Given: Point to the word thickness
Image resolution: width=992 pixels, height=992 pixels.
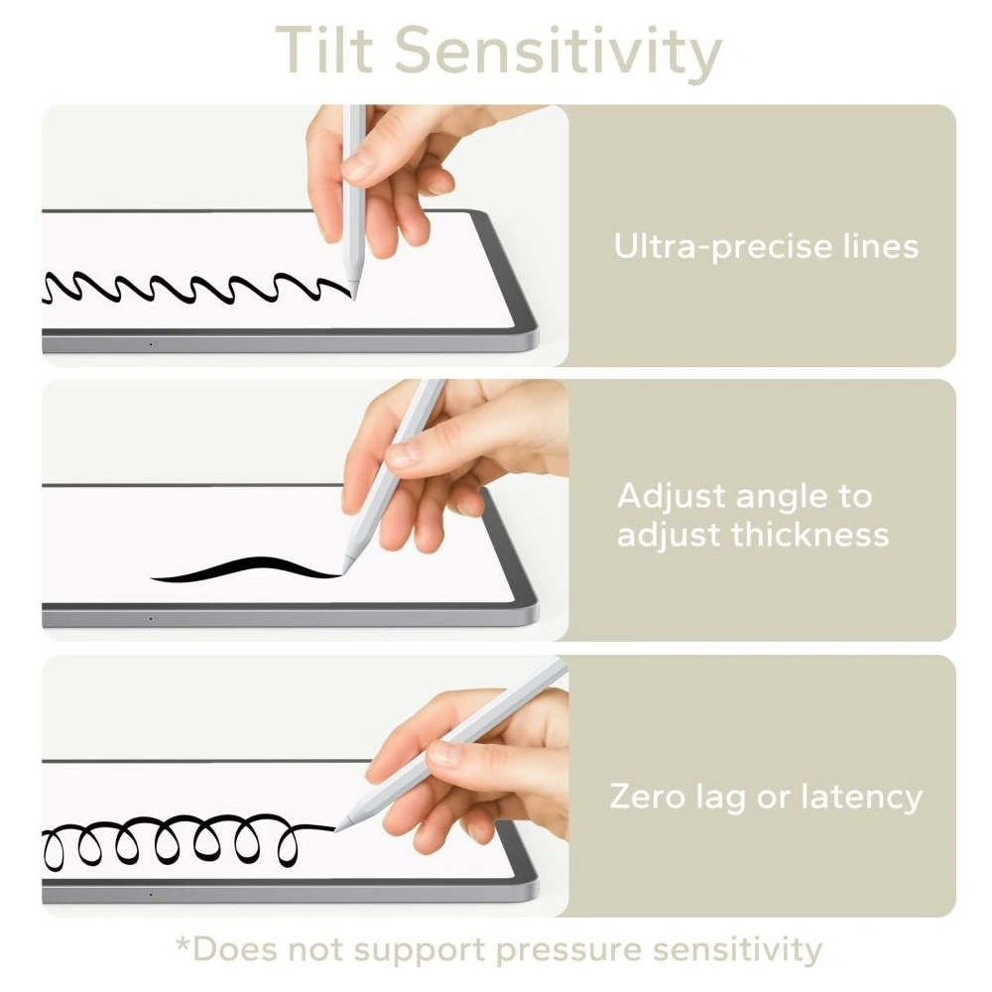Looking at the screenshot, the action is click(810, 534).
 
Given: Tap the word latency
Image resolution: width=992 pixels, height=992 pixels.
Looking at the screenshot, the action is click(862, 798).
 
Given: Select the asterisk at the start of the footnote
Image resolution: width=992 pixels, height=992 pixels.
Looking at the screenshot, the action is click(183, 944).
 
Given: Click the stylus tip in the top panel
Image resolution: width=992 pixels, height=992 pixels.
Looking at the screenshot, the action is click(354, 299).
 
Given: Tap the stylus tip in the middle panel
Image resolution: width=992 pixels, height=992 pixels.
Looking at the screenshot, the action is click(345, 572).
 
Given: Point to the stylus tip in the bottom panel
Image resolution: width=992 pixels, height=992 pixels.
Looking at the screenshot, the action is click(336, 828).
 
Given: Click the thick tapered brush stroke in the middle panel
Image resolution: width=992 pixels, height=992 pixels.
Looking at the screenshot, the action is click(247, 568).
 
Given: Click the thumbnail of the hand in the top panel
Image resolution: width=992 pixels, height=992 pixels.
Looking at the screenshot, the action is click(358, 167).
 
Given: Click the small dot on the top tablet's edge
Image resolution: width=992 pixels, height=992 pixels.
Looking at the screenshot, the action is click(151, 345).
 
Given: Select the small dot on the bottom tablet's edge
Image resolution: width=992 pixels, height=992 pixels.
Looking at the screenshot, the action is click(151, 895).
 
